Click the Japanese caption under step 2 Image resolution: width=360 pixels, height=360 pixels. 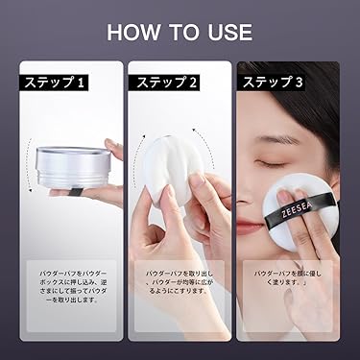point(179,281)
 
